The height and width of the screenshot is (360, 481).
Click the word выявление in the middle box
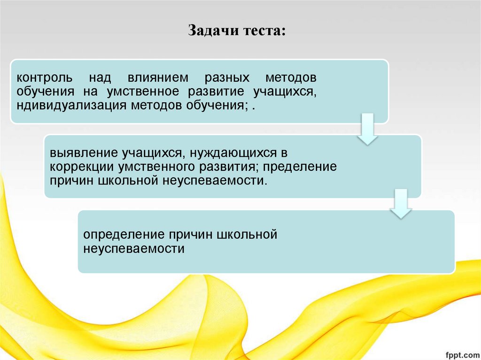point(85,153)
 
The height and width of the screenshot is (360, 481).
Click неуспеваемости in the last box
point(134,248)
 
